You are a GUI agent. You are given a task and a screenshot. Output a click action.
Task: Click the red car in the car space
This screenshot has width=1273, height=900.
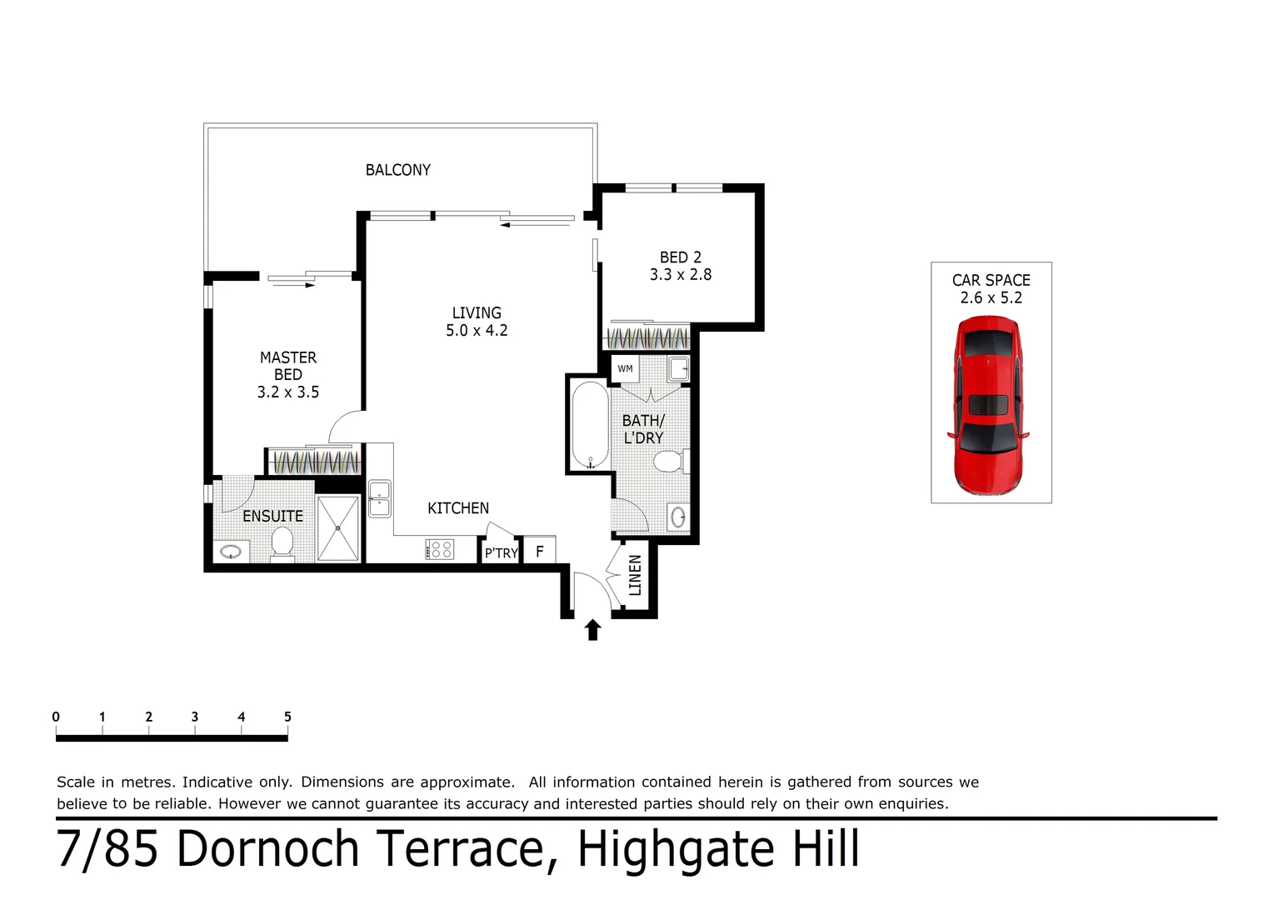coord(988,406)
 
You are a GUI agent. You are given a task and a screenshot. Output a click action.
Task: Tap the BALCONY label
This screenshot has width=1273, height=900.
coord(397,170)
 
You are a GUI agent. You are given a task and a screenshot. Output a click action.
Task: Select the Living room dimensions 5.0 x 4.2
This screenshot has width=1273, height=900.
coord(477,331)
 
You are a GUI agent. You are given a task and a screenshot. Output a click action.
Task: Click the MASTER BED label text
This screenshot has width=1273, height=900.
coord(288,366)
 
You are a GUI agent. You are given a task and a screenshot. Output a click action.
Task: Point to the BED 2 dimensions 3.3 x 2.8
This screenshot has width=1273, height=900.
coord(681,275)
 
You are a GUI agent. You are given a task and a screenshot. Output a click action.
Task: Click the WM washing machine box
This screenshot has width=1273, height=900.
coord(625,368)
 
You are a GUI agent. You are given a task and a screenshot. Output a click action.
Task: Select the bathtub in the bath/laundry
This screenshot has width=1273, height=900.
coord(590,425)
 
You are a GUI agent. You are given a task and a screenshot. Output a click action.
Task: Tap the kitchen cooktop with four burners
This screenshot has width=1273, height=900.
coord(440,549)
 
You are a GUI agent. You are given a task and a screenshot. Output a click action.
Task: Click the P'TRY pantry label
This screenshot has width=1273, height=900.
coord(501,552)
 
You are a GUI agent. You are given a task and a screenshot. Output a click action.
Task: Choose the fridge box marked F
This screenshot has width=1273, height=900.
coord(540,551)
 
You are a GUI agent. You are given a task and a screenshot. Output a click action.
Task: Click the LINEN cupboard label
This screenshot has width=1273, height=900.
coord(635,575)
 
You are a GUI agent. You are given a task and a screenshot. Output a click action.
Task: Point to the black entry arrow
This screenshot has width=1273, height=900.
coord(592,630)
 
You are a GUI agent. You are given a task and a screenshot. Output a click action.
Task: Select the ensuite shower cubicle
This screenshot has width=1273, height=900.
coord(338,527)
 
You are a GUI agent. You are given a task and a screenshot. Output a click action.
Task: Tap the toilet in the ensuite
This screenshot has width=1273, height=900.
coord(282,546)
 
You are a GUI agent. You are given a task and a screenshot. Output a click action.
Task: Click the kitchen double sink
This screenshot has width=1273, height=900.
coord(380,498)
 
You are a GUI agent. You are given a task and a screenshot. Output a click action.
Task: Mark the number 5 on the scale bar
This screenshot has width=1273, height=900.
coord(287,717)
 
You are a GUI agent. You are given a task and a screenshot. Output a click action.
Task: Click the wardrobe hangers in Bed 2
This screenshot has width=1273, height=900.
coord(646,339)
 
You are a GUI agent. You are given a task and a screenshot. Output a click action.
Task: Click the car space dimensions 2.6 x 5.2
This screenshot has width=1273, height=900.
coord(991,298)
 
